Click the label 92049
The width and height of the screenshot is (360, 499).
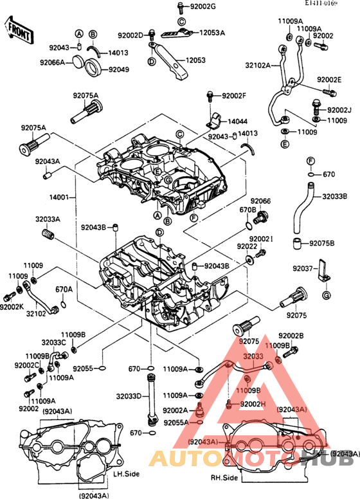(119, 69)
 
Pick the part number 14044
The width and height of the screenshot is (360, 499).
(237, 121)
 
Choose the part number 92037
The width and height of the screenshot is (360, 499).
(303, 268)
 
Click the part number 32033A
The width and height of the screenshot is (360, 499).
(48, 219)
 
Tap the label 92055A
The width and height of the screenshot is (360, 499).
(175, 422)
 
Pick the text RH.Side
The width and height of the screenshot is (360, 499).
(224, 478)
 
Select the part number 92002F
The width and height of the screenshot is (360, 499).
(234, 96)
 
